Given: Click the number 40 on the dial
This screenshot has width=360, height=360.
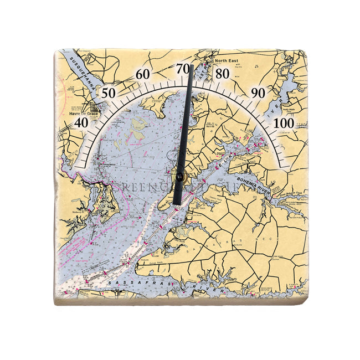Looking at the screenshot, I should click(81, 122).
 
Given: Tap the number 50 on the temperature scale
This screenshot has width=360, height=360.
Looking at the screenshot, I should click(109, 93).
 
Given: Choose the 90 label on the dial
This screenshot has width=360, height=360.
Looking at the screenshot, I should click(258, 93).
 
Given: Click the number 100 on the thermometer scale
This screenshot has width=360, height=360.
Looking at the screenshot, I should click(285, 122).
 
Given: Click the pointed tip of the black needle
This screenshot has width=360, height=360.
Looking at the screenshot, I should click(191, 66).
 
